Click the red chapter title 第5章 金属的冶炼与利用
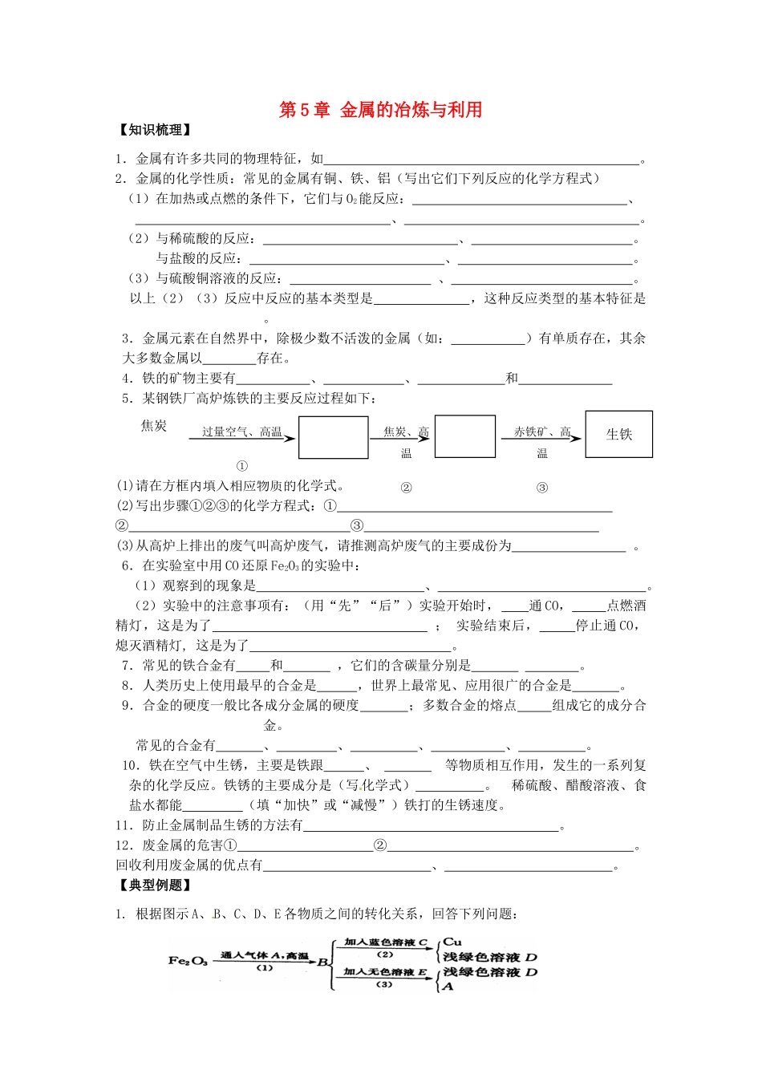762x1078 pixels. pyautogui.click(x=380, y=110)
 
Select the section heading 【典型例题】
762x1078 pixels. pyautogui.click(x=154, y=885)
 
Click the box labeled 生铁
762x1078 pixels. pyautogui.click(x=618, y=434)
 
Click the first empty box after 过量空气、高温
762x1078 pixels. pyautogui.click(x=333, y=437)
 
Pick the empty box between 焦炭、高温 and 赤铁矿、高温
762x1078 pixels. pyautogui.click(x=464, y=436)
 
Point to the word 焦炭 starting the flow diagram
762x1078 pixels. pyautogui.click(x=154, y=425)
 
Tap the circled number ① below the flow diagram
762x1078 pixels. pyautogui.click(x=242, y=466)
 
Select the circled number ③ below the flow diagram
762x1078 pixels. pyautogui.click(x=542, y=488)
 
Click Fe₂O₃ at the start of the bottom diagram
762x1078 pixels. pyautogui.click(x=188, y=960)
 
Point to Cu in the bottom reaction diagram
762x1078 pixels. pyautogui.click(x=452, y=942)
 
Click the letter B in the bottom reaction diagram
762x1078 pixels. pyautogui.click(x=322, y=961)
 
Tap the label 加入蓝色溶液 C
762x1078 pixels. pyautogui.click(x=386, y=942)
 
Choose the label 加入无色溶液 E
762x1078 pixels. pyautogui.click(x=386, y=971)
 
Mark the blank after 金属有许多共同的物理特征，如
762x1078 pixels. pyautogui.click(x=481, y=160)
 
